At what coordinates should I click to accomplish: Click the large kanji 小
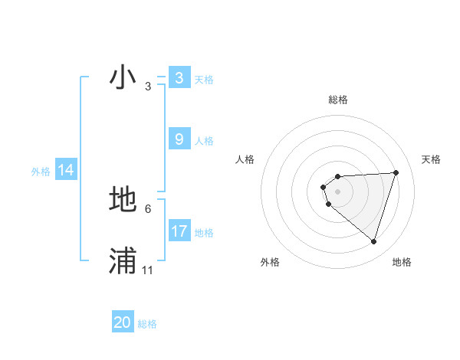point(123,77)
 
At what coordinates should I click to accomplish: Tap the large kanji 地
point(123,200)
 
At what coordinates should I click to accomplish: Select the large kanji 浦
point(123,261)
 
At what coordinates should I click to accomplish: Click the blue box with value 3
point(179,78)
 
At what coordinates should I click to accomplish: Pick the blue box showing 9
point(179,139)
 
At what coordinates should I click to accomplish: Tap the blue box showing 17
point(179,231)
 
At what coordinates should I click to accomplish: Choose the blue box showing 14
point(66,170)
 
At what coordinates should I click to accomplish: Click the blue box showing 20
point(123,323)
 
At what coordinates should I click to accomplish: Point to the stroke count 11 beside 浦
point(147,270)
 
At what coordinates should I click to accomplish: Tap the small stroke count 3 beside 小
point(147,87)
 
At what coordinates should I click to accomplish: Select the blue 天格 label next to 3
point(204,79)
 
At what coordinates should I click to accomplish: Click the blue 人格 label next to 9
point(204,140)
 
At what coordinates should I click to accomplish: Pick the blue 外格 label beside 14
point(41,172)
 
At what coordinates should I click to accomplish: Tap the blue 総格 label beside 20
point(147,324)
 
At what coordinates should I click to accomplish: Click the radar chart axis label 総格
point(337,100)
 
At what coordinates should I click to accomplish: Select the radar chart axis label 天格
point(432,159)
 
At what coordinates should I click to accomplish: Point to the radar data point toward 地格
point(374,241)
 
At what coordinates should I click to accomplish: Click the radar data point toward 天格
point(396,172)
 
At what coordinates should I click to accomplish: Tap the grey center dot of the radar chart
point(337,191)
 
